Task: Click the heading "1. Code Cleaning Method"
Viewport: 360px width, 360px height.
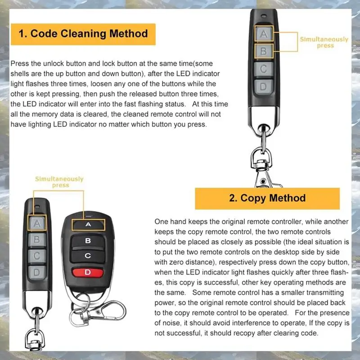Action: coord(83,34)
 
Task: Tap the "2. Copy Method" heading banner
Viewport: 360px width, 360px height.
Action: coord(267,198)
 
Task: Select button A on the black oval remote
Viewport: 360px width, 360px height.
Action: coord(88,224)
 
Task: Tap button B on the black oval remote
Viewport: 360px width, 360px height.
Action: coord(88,240)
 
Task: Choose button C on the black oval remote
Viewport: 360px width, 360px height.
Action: coord(88,256)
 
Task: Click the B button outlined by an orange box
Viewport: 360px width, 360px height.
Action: coord(264,51)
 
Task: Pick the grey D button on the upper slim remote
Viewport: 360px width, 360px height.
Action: coord(264,86)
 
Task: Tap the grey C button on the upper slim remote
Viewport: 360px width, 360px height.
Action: coord(264,69)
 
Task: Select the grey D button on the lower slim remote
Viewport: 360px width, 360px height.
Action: coord(37,273)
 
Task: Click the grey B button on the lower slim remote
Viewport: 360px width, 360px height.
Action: coord(38,239)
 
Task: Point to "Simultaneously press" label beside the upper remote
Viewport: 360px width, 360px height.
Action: coord(324,42)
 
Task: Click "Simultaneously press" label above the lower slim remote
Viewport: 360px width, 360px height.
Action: coord(59,182)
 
